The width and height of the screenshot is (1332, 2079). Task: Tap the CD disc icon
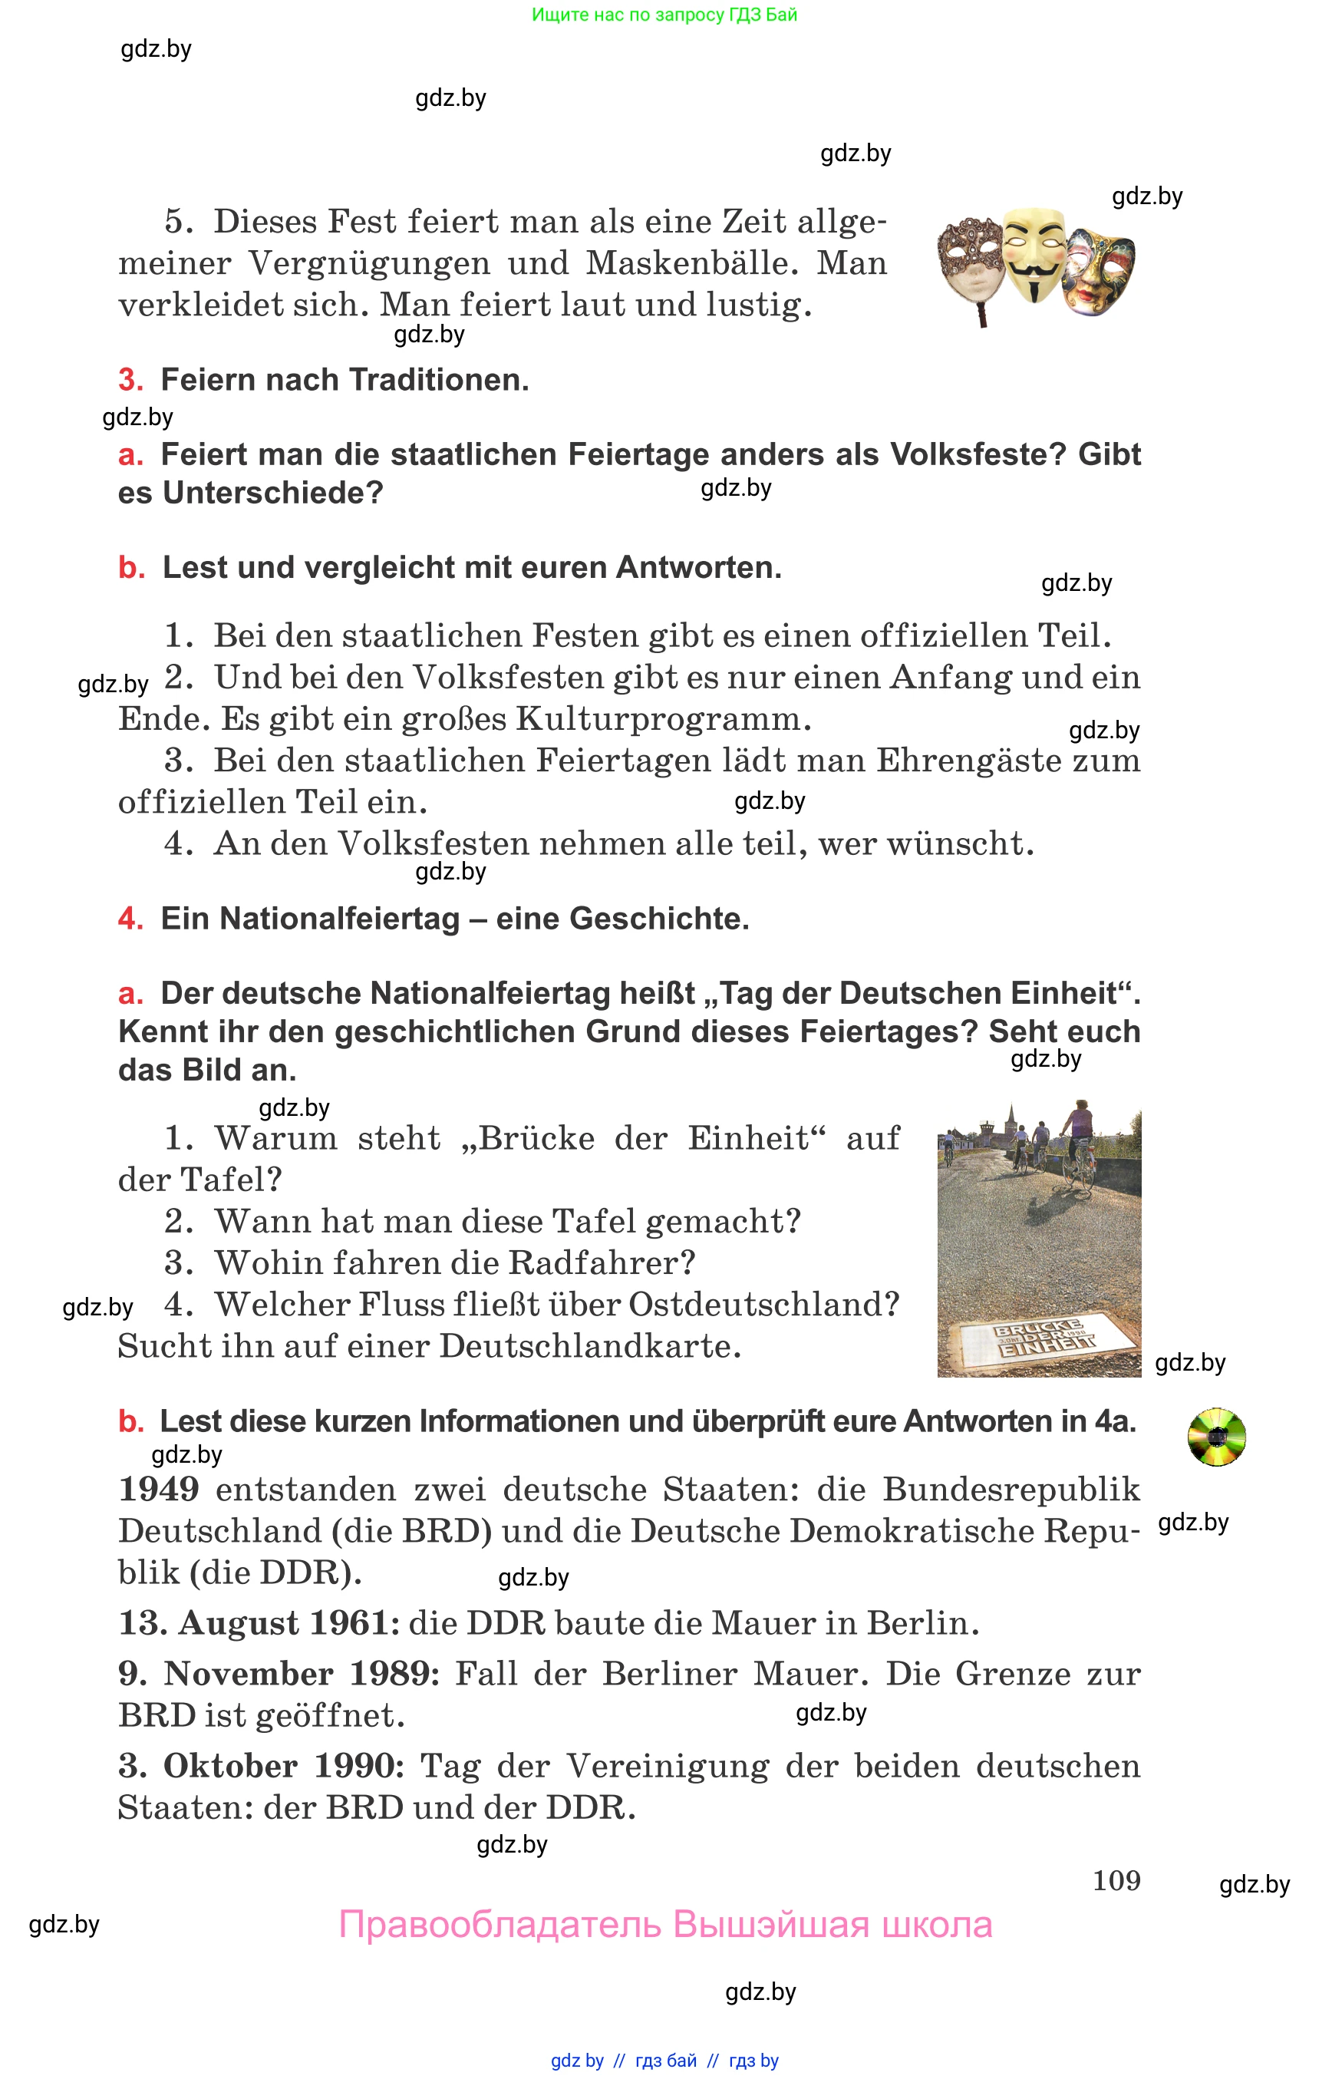tap(1216, 1437)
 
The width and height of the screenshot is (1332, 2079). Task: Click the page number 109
tap(1116, 1880)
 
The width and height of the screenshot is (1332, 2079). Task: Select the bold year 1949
tap(159, 1489)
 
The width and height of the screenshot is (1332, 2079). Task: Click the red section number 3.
tap(130, 380)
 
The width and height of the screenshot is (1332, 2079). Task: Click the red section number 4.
tap(130, 919)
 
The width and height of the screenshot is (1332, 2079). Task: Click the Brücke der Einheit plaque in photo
tap(1045, 1338)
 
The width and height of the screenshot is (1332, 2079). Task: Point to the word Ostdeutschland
tap(763, 1305)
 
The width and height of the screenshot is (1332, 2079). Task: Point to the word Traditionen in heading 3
tap(440, 380)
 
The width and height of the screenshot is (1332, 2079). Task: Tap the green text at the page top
tap(664, 15)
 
